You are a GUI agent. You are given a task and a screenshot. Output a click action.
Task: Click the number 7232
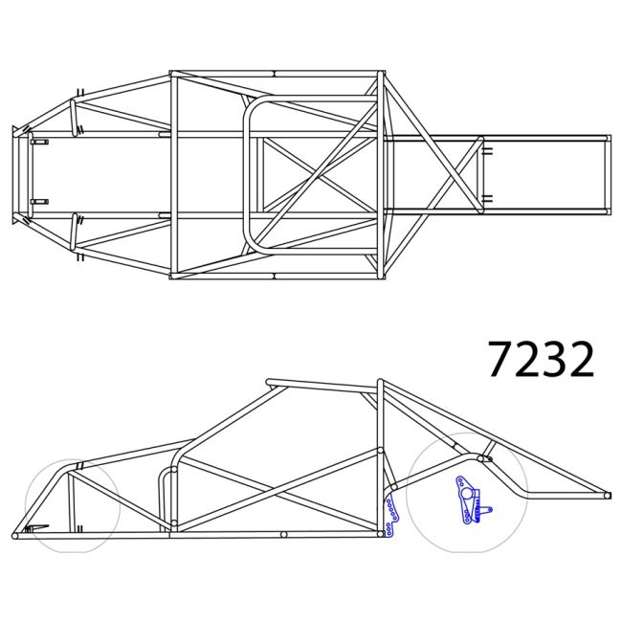(541, 360)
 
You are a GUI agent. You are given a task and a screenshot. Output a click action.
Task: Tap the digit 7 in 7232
(501, 360)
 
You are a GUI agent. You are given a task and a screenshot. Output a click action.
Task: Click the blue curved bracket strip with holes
(389, 518)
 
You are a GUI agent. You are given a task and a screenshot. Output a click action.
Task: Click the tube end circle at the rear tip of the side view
(606, 495)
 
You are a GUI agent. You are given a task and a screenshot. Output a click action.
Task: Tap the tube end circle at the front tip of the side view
(14, 534)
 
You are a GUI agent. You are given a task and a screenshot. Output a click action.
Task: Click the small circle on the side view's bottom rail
(284, 534)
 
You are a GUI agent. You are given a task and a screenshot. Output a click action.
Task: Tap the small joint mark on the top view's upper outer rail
(274, 74)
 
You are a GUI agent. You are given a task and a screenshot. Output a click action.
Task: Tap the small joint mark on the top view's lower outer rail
(274, 276)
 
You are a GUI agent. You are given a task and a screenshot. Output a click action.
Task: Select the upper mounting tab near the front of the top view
(39, 142)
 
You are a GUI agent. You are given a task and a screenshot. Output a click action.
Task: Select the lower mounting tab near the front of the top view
(39, 202)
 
